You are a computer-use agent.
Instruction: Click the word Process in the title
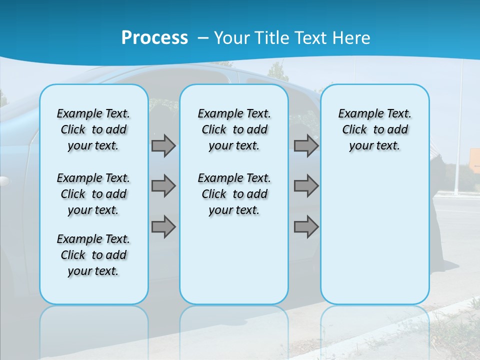click(x=154, y=37)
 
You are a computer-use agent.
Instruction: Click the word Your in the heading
click(x=233, y=37)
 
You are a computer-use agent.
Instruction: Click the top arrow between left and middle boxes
click(x=163, y=145)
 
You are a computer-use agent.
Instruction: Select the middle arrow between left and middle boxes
click(x=163, y=186)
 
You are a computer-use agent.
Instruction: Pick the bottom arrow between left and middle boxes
click(x=163, y=226)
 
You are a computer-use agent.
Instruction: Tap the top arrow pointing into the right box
click(x=306, y=145)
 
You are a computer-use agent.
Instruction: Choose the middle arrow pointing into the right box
click(x=306, y=186)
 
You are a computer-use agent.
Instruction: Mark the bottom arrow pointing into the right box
click(x=306, y=226)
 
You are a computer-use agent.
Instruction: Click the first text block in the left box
click(x=93, y=129)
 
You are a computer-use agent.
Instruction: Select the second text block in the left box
click(x=93, y=194)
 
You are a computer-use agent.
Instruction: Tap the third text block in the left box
click(x=93, y=255)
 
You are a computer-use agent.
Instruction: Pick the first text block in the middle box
click(x=234, y=129)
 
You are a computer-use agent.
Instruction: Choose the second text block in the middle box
click(x=234, y=194)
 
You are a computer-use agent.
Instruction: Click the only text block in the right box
click(x=374, y=129)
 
